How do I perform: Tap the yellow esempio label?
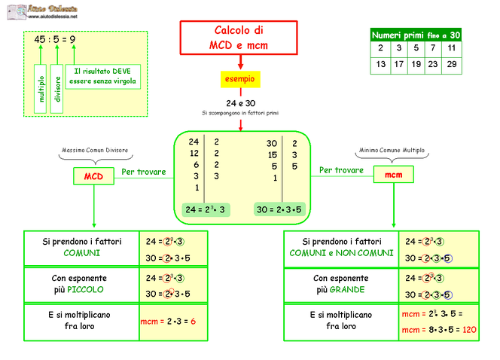240,78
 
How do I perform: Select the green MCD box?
93,176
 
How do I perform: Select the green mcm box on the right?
394,175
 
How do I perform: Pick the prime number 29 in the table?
451,64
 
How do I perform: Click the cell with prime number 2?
381,48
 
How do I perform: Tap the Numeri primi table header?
416,35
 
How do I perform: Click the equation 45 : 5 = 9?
54,39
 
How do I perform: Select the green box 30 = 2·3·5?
279,209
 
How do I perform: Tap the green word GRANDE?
351,289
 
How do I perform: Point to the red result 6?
193,322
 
